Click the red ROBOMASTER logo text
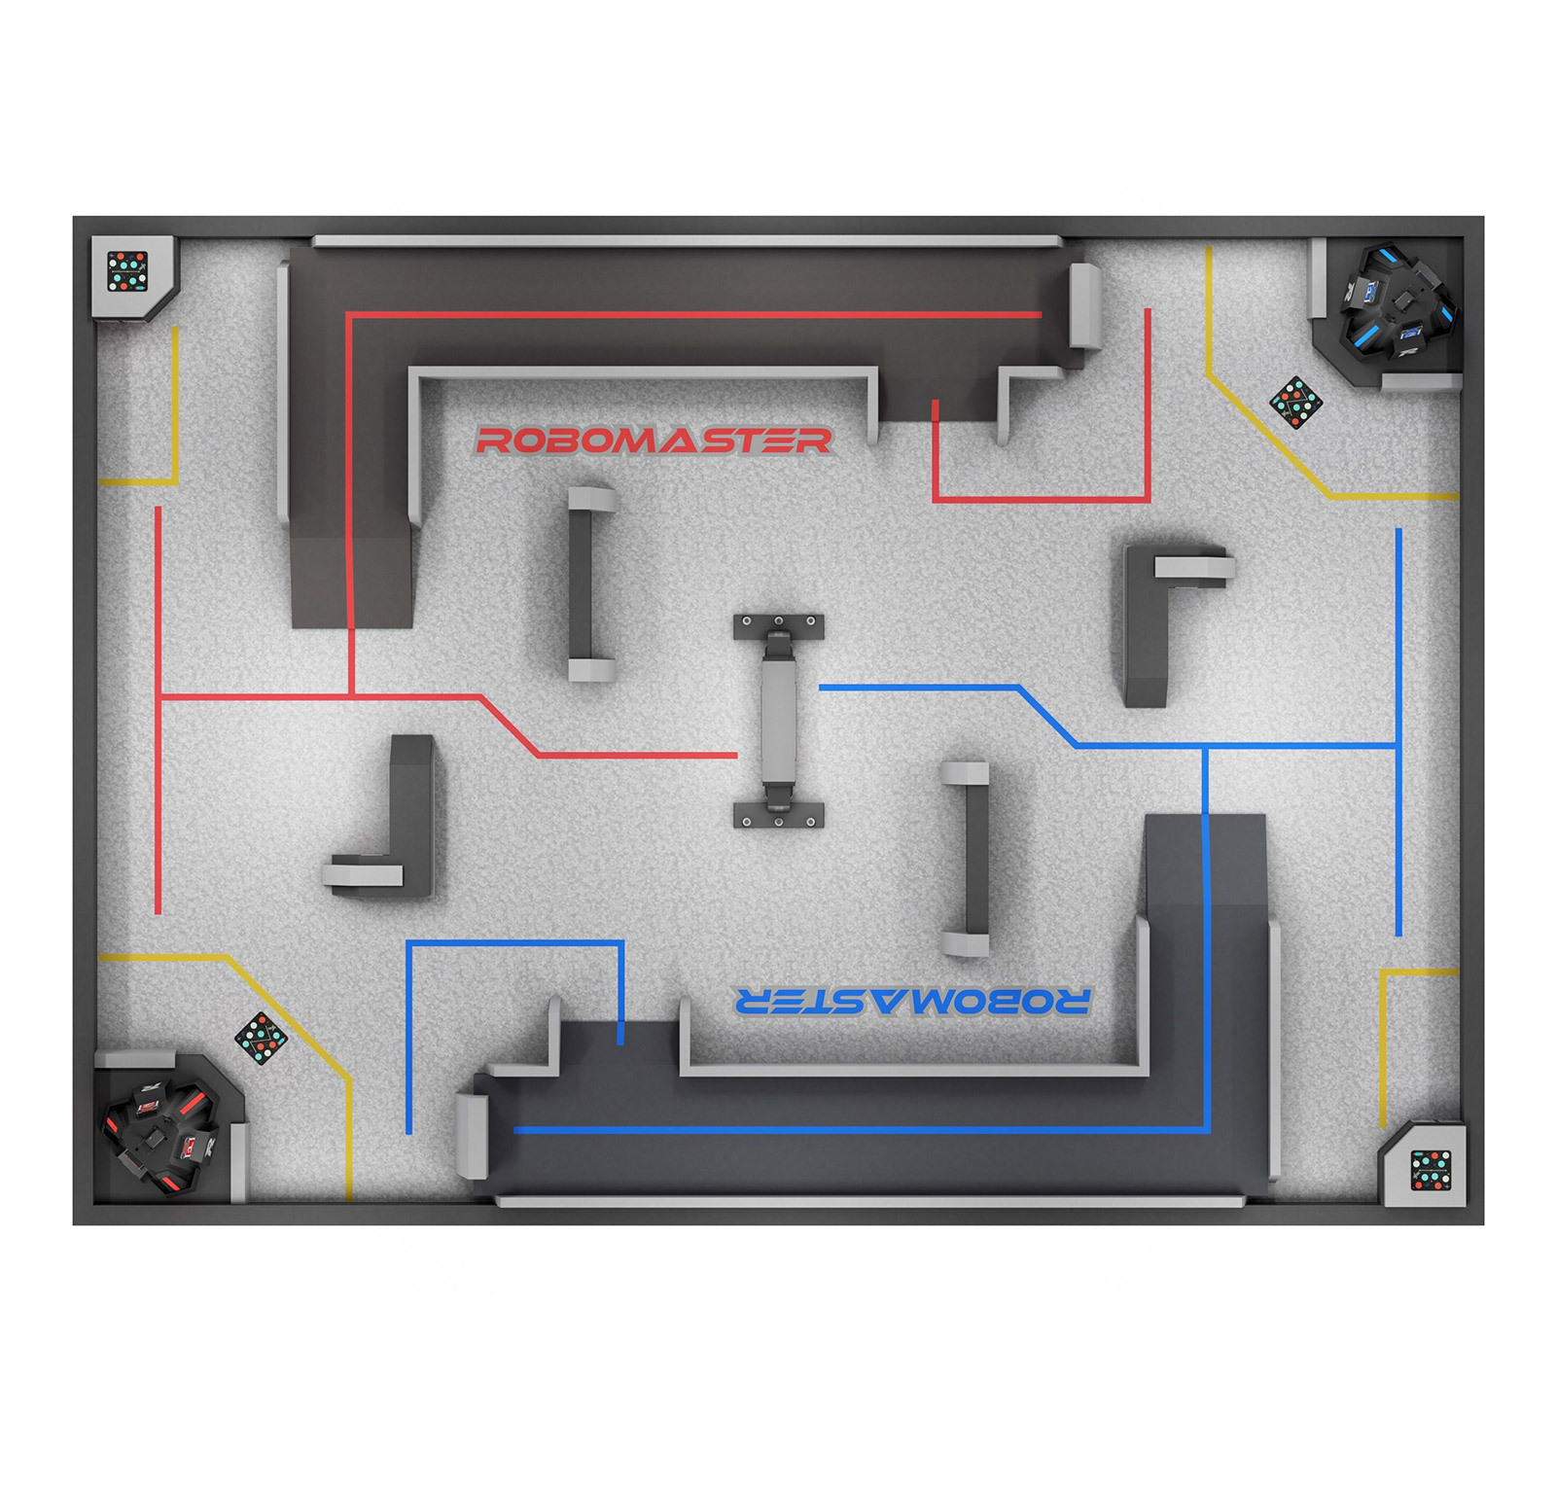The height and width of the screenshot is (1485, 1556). [x=653, y=441]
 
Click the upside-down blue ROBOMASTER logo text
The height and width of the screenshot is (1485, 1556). [x=912, y=1001]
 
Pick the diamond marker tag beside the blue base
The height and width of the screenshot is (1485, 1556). [x=1296, y=401]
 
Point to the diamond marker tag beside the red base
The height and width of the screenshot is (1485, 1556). [x=261, y=1038]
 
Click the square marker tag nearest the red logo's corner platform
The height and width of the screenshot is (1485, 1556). [x=127, y=271]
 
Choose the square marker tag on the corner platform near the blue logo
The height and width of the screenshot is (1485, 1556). [x=1431, y=1170]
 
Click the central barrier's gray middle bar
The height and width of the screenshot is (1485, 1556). [x=778, y=720]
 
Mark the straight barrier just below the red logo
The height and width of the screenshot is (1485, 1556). [x=583, y=583]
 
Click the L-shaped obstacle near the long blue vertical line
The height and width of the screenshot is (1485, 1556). [x=1152, y=622]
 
